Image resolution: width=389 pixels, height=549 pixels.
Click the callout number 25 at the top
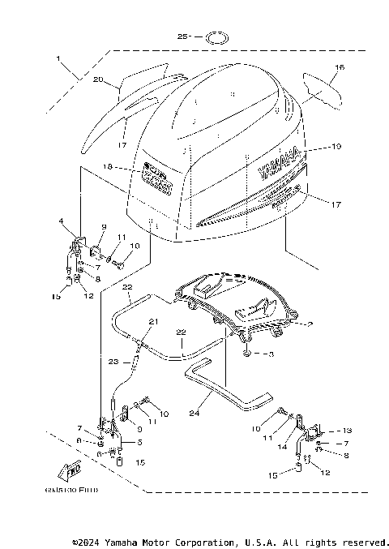tap(183, 36)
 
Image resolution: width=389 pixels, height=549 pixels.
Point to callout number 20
tap(98, 79)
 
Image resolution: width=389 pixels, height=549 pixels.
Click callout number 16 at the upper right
tap(340, 67)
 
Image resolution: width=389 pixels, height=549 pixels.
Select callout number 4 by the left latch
tap(60, 221)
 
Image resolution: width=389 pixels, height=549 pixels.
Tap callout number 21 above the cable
tap(151, 322)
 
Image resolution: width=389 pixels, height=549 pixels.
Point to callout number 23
tap(114, 362)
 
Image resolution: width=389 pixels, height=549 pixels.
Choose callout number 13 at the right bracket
tap(348, 430)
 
